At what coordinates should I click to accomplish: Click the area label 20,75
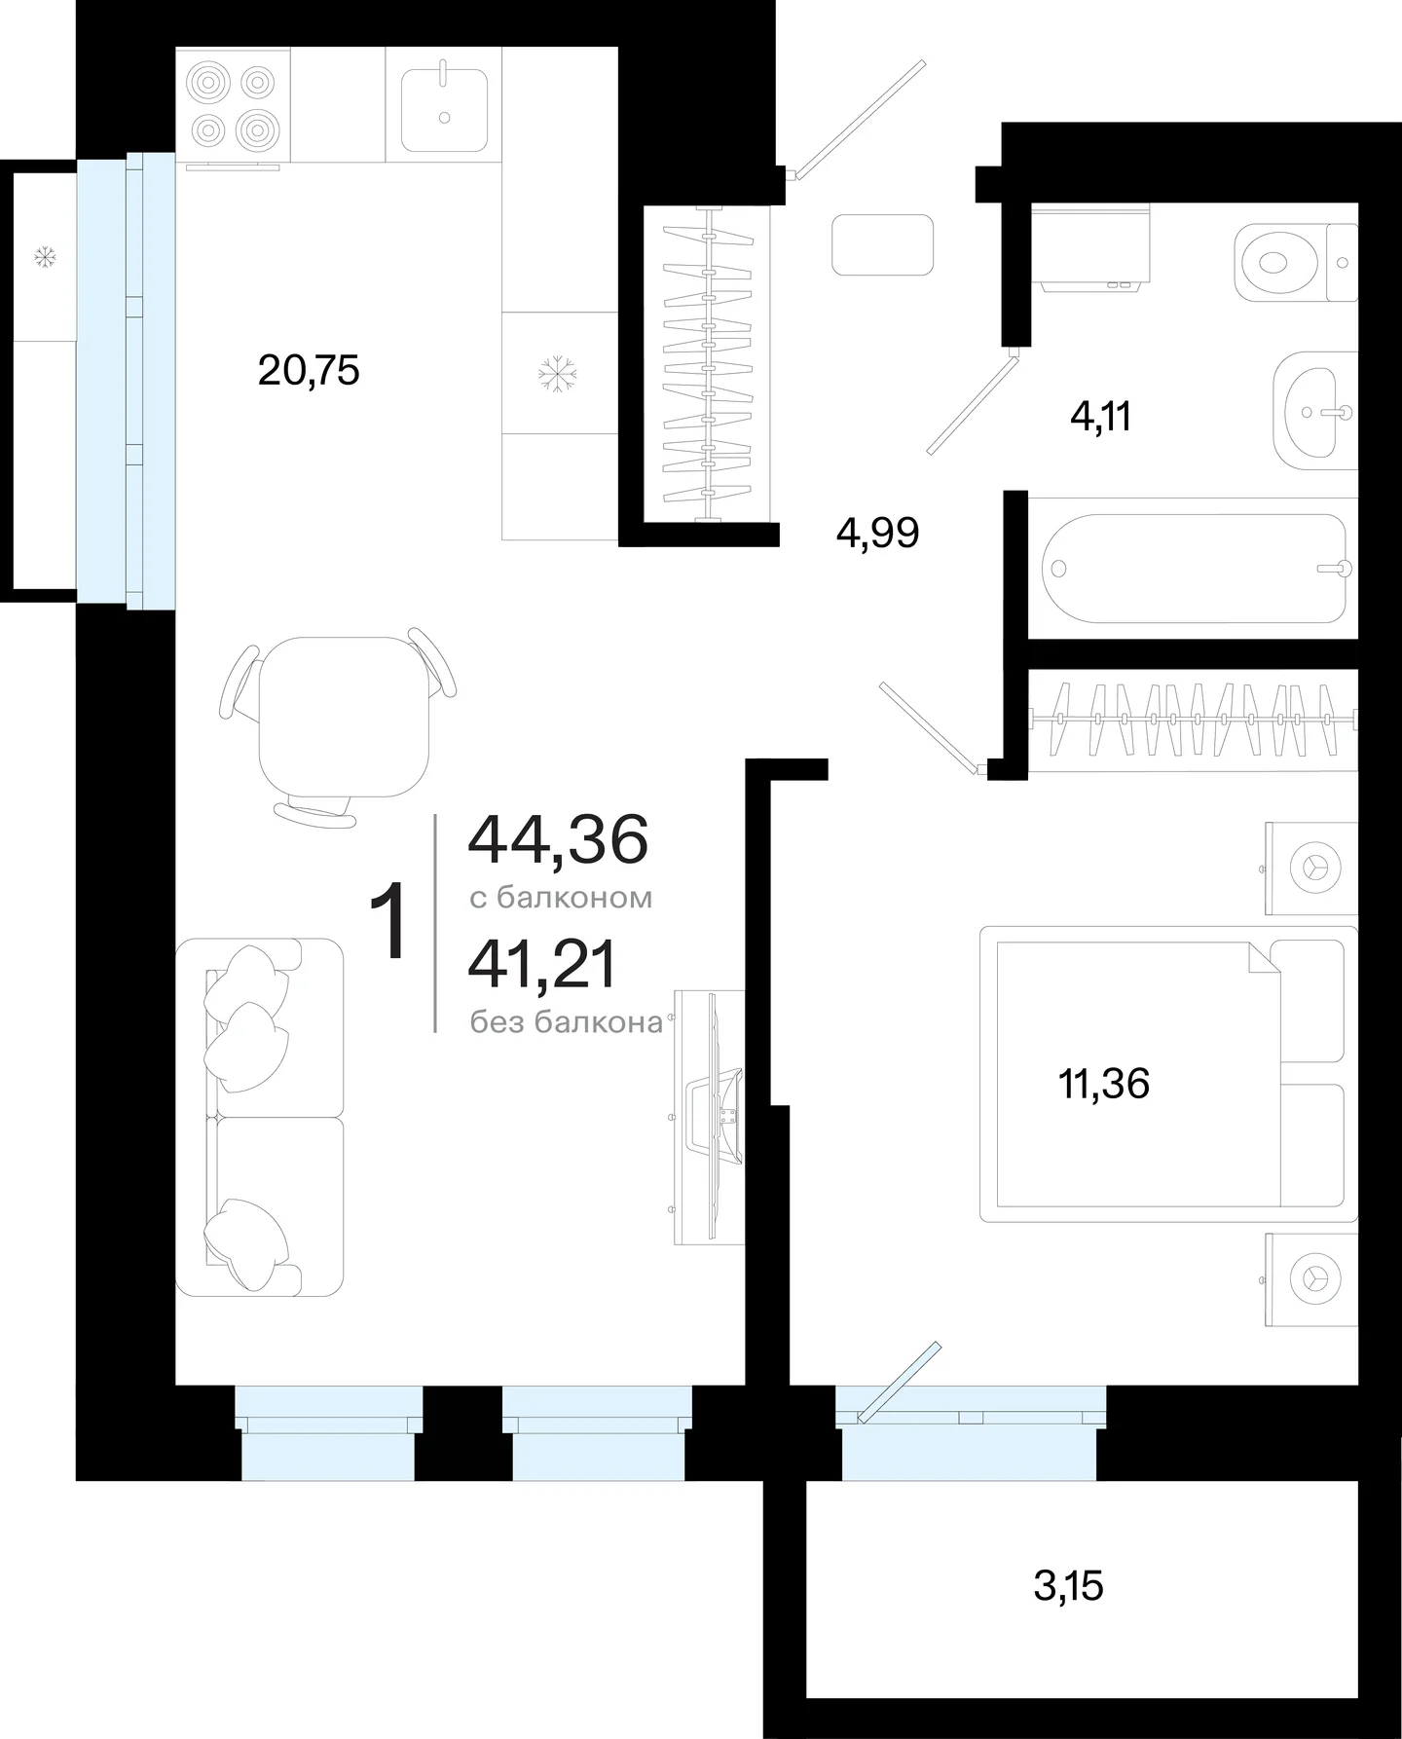coord(309,371)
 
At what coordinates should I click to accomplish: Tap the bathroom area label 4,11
coord(1100,418)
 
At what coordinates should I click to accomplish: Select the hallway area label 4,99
coord(877,534)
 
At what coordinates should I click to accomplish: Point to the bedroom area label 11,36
coord(1104,1084)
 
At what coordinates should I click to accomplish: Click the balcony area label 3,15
coord(1068,1587)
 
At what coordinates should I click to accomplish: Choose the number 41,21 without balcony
coord(542,965)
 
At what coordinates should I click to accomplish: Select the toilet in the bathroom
coord(1296,262)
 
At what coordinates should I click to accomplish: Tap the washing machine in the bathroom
coord(1090,247)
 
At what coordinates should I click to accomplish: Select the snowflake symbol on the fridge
coord(558,374)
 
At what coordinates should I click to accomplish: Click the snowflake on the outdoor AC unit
coord(45,257)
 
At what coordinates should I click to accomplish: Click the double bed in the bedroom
coord(1168,1074)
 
